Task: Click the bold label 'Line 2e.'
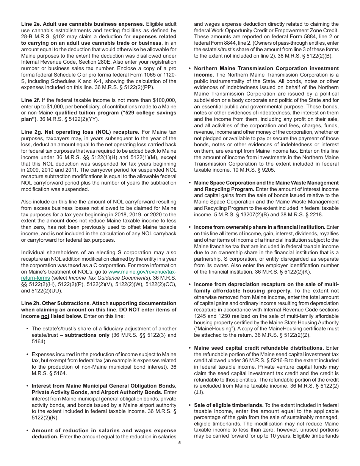31,24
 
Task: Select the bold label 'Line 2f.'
30,100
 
